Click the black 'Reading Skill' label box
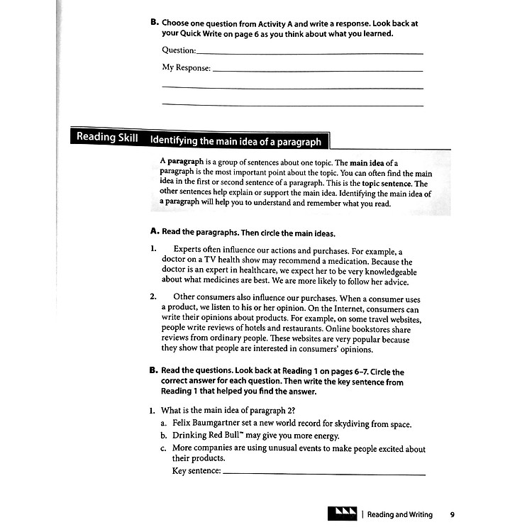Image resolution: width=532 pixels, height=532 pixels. click(107, 138)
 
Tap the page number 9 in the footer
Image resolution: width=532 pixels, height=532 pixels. click(452, 514)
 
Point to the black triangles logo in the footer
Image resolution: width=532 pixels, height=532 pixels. click(343, 514)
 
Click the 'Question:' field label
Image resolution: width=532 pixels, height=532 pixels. click(178, 50)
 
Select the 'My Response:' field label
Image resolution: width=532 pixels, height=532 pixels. click(187, 68)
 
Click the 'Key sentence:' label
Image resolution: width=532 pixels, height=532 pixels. click(196, 471)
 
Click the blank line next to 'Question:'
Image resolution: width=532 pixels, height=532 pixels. click(309, 52)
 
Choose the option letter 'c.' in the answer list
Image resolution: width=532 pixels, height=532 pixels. click(164, 448)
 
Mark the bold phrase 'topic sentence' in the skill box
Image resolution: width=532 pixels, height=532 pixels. click(387, 183)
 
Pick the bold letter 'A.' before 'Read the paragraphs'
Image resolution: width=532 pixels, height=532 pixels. click(154, 231)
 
